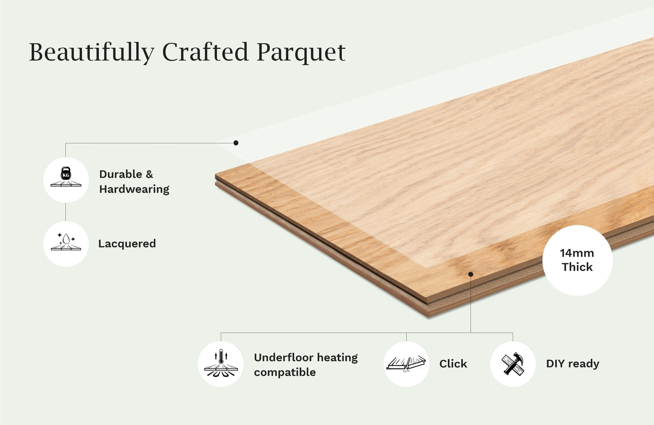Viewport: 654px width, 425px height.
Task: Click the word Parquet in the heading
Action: tap(301, 52)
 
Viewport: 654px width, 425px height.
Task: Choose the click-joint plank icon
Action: tap(406, 363)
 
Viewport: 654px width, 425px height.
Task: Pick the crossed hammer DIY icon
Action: tap(513, 363)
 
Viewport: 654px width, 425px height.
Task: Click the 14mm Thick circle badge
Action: tap(577, 260)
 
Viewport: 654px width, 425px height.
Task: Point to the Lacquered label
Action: tap(127, 244)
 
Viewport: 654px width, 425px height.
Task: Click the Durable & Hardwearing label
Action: tap(134, 181)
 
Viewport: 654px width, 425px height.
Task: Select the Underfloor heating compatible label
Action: tap(306, 365)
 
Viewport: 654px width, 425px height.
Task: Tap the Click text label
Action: tap(453, 363)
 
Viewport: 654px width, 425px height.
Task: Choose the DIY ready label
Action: tap(573, 363)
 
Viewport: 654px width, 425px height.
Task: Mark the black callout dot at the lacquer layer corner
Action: tap(236, 143)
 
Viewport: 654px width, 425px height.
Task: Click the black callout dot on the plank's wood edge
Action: tap(471, 274)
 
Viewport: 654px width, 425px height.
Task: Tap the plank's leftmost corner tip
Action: tap(216, 177)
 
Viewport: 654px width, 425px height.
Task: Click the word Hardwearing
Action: tap(134, 189)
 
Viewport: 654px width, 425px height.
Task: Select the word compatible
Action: tap(285, 372)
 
